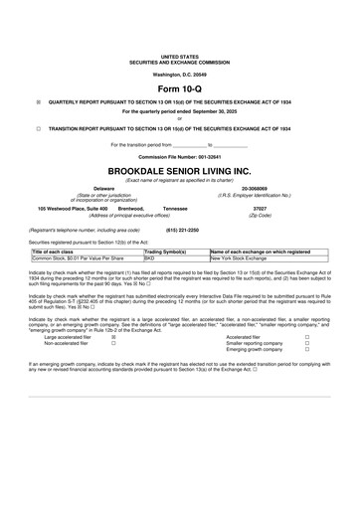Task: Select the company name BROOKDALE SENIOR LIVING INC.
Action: [179, 169]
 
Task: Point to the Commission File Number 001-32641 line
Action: [179, 157]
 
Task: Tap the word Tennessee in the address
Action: [175, 209]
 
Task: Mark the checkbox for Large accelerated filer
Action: [113, 337]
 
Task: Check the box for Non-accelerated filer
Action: [113, 343]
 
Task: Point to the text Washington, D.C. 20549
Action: [179, 74]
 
